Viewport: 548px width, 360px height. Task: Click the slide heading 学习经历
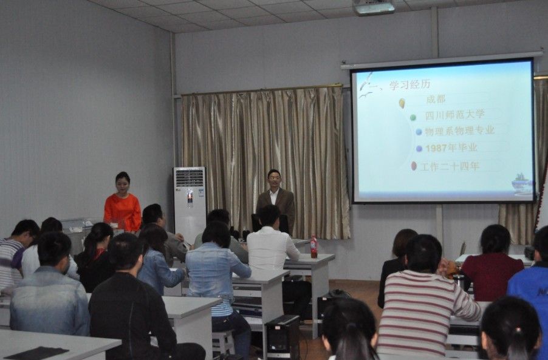pos(409,84)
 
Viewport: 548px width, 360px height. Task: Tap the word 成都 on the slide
pos(436,99)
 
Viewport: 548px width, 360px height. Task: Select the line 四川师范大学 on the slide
pos(454,115)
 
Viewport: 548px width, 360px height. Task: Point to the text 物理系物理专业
pos(459,131)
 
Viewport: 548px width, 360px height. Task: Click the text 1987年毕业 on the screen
pos(451,148)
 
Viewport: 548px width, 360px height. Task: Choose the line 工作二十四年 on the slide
pos(450,166)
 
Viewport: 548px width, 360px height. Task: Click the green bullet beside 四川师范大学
pos(413,118)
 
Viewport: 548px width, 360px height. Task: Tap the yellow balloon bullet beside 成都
pos(402,103)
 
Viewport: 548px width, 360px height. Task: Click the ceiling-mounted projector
pos(374,7)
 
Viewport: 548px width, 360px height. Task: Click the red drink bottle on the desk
pos(314,247)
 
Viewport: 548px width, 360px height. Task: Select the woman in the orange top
pos(122,203)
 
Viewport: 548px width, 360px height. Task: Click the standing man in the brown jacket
pos(276,202)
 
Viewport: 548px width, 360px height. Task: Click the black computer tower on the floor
pos(283,336)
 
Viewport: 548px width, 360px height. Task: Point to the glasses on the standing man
pos(275,178)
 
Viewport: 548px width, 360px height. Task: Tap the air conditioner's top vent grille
pos(190,177)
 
